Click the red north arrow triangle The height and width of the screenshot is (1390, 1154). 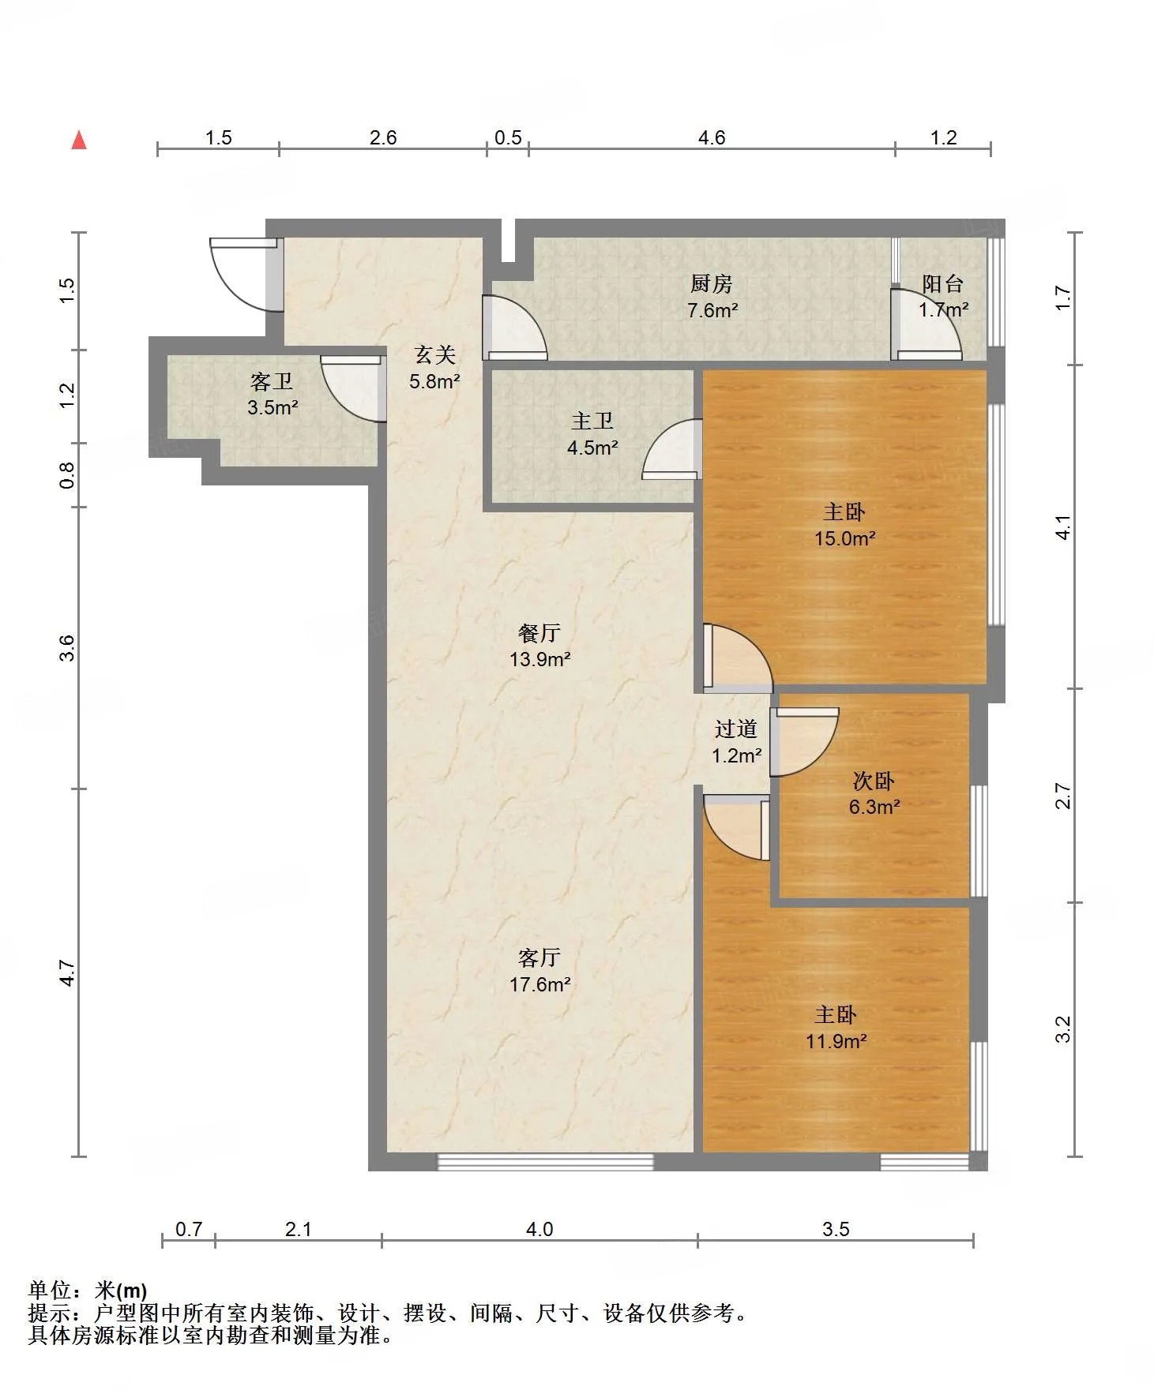(x=79, y=140)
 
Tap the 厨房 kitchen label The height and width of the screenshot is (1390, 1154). (x=712, y=283)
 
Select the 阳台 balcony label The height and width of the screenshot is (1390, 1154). (x=943, y=283)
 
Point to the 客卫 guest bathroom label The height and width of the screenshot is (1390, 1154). (x=272, y=382)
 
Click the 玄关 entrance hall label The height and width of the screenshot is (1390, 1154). (x=434, y=355)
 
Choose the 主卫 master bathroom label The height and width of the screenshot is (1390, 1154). (x=592, y=421)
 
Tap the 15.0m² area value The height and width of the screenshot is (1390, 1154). (x=845, y=539)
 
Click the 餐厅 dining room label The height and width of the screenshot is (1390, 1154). (x=539, y=633)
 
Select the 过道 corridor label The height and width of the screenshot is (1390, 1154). (x=736, y=729)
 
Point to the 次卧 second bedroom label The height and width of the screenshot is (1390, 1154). (x=874, y=781)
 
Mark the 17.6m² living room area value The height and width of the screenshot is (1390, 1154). (x=540, y=984)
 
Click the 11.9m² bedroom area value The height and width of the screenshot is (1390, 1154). (x=836, y=1041)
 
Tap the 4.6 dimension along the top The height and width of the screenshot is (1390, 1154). (x=712, y=138)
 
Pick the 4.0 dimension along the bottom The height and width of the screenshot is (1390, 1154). (x=539, y=1229)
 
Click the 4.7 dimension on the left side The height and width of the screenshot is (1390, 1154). (x=68, y=972)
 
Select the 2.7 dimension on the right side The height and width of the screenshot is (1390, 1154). (x=1064, y=796)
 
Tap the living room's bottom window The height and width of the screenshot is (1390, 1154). (x=546, y=1161)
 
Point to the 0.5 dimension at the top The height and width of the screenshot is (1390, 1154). (x=508, y=138)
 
